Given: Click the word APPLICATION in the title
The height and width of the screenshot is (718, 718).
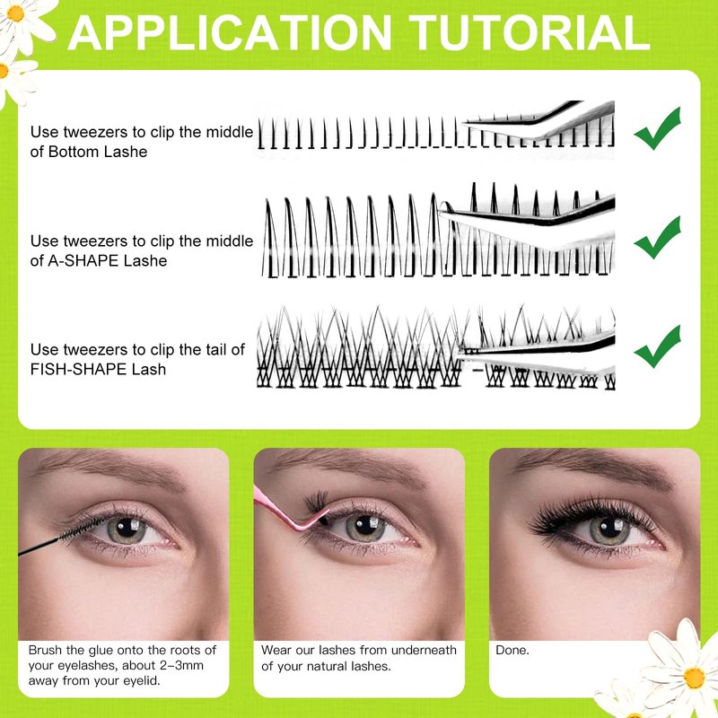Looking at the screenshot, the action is (230, 33).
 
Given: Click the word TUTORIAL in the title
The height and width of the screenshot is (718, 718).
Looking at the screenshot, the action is (530, 33).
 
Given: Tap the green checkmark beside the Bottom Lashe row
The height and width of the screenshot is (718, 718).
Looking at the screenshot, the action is (658, 128).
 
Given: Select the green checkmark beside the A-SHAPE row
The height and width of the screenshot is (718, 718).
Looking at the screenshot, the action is (658, 238).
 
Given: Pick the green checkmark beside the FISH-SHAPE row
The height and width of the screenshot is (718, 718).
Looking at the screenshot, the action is (658, 346).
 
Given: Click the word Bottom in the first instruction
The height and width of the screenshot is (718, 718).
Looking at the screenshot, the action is (74, 152).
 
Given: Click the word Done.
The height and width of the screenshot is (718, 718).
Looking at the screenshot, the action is (512, 650).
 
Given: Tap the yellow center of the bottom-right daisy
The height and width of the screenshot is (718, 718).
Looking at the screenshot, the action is (694, 678).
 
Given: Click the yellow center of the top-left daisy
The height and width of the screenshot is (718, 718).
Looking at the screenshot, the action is (15, 13).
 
